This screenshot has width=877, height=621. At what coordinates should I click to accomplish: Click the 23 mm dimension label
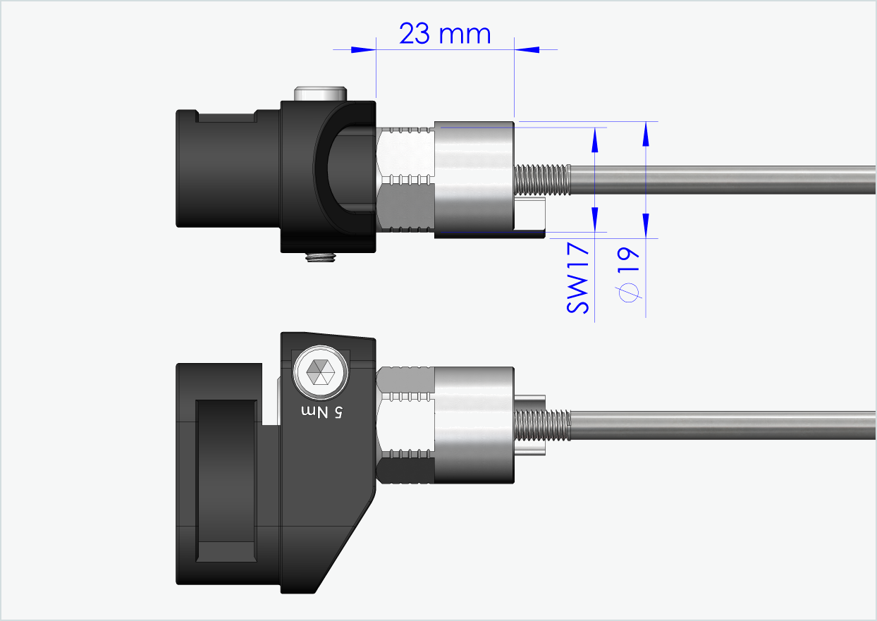click(444, 33)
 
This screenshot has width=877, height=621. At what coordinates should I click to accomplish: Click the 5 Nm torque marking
click(321, 411)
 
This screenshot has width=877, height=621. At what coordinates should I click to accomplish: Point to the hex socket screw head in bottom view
click(321, 371)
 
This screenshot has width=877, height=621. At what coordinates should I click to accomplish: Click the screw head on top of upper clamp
click(321, 93)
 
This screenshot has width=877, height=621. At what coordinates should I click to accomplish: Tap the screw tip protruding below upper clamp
click(320, 257)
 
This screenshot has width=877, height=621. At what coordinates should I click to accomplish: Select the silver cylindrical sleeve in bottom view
click(474, 425)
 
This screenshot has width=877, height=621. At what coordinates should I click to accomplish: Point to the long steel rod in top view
click(719, 180)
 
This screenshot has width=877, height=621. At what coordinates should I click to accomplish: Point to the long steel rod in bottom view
click(719, 426)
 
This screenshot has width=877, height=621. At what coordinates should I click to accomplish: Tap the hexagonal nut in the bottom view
click(406, 425)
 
